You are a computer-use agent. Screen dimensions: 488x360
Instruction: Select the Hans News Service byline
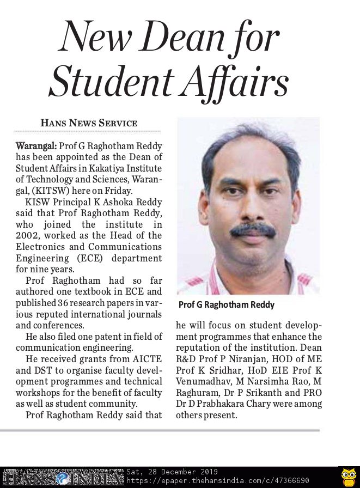coord(89,123)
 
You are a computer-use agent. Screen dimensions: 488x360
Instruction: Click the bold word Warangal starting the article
coord(35,147)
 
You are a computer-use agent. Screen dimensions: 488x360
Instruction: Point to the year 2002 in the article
coord(28,235)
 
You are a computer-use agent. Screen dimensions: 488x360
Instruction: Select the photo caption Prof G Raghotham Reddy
coord(227,304)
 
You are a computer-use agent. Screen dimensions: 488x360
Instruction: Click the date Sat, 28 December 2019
coord(172,472)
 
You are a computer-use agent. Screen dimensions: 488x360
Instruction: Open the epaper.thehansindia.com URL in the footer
coord(218,481)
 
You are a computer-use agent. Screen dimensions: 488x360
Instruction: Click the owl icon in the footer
coord(348,477)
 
